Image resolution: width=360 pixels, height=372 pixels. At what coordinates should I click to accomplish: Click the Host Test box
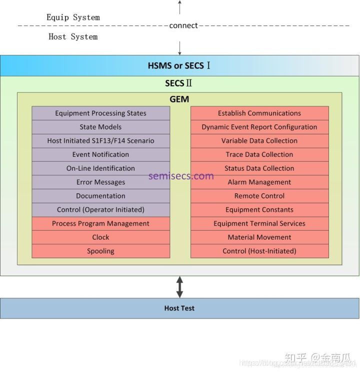click(x=179, y=308)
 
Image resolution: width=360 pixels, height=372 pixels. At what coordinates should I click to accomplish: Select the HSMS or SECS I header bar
click(x=179, y=65)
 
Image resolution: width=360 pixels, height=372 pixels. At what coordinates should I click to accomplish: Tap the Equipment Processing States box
click(x=100, y=113)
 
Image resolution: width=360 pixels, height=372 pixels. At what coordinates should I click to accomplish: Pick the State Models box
click(x=100, y=127)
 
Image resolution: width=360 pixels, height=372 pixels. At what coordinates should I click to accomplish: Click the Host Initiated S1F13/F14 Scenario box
click(x=100, y=141)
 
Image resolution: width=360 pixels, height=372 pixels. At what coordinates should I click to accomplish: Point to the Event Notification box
click(x=100, y=155)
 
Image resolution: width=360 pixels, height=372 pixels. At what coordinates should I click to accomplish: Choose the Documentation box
click(x=100, y=196)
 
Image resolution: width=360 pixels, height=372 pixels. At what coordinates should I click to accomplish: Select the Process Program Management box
click(x=100, y=224)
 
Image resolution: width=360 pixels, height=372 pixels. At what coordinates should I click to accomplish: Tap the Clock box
click(x=100, y=237)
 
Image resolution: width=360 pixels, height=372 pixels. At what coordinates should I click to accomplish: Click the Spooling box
click(x=100, y=251)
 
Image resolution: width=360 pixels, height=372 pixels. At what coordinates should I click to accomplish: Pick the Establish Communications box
click(x=259, y=113)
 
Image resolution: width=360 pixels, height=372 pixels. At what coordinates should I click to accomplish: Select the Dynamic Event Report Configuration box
click(x=259, y=127)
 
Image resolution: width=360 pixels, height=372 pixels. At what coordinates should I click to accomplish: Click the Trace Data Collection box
click(x=259, y=155)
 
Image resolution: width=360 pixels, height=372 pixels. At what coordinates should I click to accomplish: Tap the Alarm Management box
click(x=259, y=182)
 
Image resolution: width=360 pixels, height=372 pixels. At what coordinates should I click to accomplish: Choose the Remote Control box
click(x=259, y=196)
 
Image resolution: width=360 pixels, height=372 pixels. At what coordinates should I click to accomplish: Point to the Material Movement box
click(x=259, y=237)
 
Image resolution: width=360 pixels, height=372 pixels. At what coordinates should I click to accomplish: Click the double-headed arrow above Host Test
click(x=179, y=287)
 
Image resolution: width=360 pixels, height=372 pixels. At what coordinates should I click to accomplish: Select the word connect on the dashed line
click(x=183, y=25)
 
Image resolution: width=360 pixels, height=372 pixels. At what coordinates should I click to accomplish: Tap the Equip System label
click(x=73, y=17)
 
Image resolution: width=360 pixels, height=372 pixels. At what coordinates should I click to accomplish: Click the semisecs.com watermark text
click(x=181, y=176)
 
